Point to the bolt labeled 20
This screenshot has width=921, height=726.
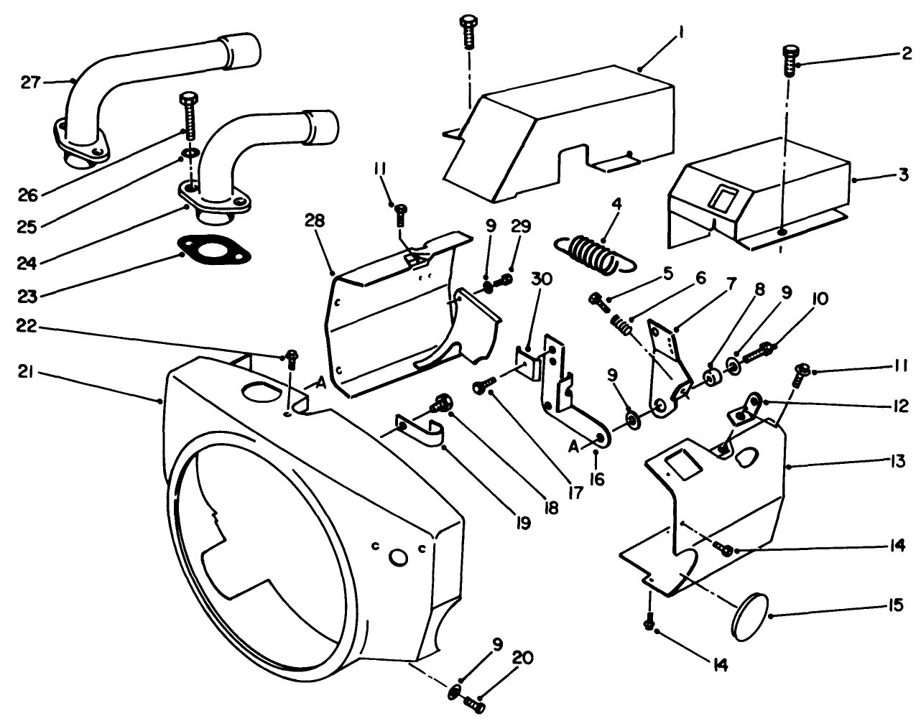tap(475, 704)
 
